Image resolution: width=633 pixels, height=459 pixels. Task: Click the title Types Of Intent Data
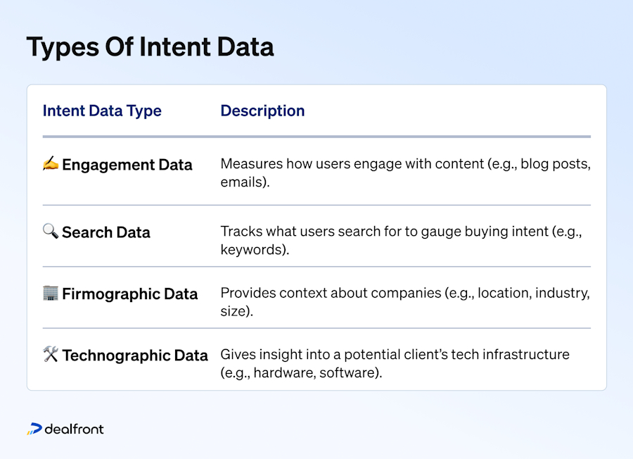150,47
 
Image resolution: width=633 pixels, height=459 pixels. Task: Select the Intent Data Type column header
102,111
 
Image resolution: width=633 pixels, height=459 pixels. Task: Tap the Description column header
262,111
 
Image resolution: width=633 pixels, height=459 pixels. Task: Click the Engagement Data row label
127,165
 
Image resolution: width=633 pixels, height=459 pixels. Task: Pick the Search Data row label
105,232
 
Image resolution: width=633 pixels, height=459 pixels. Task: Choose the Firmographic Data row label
129,294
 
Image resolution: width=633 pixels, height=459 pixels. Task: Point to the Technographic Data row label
134,356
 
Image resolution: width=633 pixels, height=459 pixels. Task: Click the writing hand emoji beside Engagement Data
51,164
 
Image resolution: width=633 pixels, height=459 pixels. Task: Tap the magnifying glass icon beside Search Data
51,232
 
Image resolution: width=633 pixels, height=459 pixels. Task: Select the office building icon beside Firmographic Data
51,293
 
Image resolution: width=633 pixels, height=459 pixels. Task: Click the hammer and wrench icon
51,355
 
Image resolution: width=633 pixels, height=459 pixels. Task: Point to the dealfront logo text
74,429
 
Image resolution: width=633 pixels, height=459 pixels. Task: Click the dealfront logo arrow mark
34,429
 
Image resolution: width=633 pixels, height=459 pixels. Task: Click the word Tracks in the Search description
238,232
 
